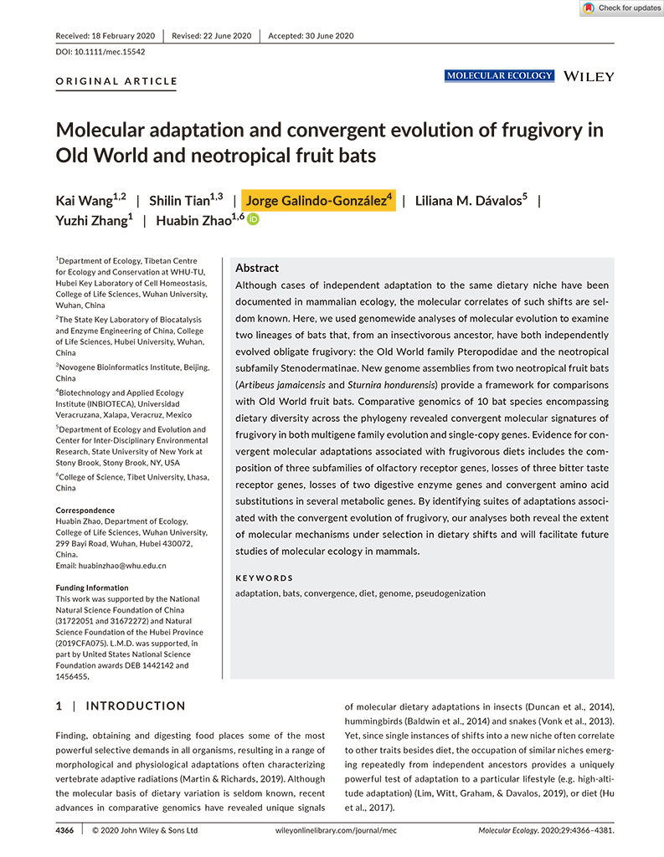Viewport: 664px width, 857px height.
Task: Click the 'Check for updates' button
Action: pos(620,8)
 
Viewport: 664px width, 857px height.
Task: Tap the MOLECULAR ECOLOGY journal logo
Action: pos(500,76)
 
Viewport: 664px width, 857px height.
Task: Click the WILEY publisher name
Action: pos(589,76)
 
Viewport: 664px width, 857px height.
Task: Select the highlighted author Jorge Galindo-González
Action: pos(317,201)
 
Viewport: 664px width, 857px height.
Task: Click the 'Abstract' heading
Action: pos(257,268)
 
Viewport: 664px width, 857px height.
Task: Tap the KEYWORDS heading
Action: pos(265,577)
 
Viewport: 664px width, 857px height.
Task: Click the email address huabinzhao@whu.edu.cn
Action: pos(111,566)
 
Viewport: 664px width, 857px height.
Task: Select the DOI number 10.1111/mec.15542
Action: pos(98,52)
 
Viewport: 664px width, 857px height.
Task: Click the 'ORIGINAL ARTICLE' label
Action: pos(116,81)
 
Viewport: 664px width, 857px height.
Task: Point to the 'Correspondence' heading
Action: pos(85,511)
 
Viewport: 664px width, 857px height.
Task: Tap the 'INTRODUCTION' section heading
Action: pos(136,706)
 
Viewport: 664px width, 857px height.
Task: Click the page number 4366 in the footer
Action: pos(64,830)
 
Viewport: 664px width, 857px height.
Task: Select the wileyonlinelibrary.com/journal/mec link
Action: pos(337,830)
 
